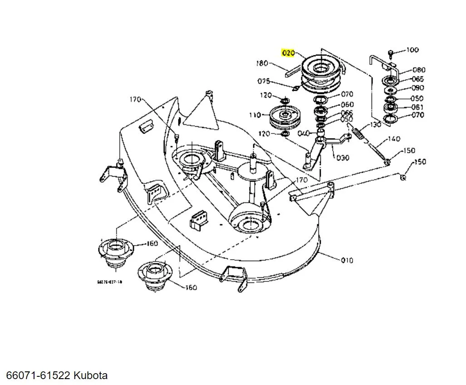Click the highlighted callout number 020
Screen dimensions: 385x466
click(x=289, y=53)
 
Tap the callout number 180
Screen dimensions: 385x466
click(x=262, y=63)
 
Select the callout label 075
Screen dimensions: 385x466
click(x=264, y=81)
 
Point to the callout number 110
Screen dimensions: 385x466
click(x=255, y=115)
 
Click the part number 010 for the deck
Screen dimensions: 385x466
click(x=347, y=260)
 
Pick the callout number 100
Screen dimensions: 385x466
click(x=412, y=50)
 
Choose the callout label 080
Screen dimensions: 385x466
click(x=419, y=70)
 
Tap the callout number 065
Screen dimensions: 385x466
click(x=417, y=79)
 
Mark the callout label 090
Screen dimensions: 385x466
click(x=417, y=88)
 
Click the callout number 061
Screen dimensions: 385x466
click(x=417, y=107)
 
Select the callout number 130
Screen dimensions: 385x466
click(x=375, y=124)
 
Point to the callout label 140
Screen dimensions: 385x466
click(x=394, y=139)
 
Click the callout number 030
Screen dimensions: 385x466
click(x=343, y=158)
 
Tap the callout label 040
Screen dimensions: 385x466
click(x=304, y=133)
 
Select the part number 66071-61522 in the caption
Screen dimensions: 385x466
click(x=38, y=375)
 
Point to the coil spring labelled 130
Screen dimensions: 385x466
click(x=359, y=134)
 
